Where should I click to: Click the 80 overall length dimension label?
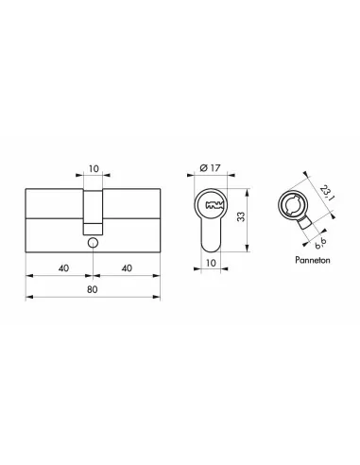pyautogui.click(x=93, y=289)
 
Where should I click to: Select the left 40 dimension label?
pyautogui.click(x=63, y=268)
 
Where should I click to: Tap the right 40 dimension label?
pyautogui.click(x=127, y=268)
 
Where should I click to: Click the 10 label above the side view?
pyautogui.click(x=94, y=169)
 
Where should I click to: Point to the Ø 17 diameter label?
pyautogui.click(x=210, y=168)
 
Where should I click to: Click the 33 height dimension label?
pyautogui.click(x=241, y=216)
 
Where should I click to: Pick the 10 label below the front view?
pyautogui.click(x=211, y=263)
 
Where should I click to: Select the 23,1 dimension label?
pyautogui.click(x=327, y=193)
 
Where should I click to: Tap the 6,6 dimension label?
pyautogui.click(x=320, y=244)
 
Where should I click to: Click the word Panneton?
pyautogui.click(x=313, y=260)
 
